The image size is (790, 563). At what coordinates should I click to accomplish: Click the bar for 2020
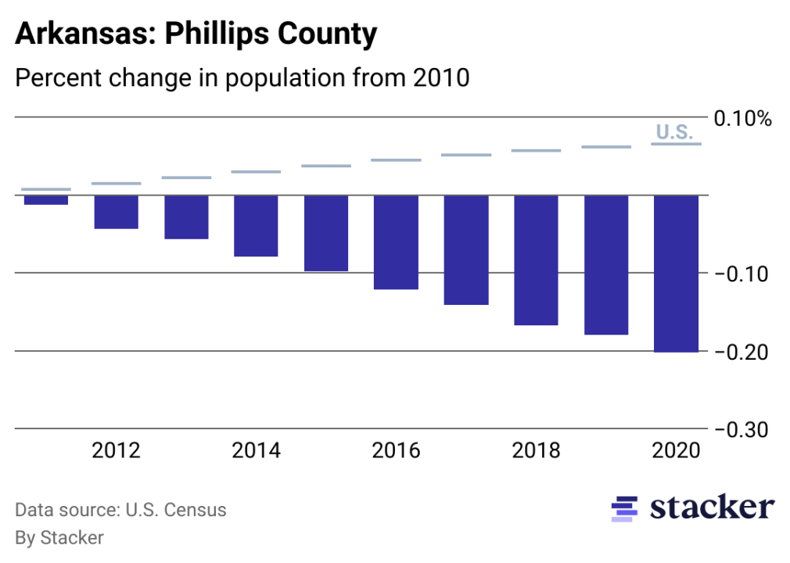(676, 274)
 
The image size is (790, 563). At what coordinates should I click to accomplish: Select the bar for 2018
(536, 260)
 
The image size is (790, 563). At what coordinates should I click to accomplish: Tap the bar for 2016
(396, 242)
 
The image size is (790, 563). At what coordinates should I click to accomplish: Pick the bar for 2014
(256, 226)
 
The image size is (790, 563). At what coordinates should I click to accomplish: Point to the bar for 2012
(116, 212)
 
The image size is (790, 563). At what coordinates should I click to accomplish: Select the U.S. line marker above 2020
(676, 144)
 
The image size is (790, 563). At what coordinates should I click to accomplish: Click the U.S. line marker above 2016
(396, 160)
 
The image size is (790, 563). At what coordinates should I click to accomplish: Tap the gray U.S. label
(673, 131)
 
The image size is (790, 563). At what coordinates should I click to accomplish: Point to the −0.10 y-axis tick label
(739, 274)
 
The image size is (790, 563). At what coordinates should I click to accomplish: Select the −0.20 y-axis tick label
(739, 353)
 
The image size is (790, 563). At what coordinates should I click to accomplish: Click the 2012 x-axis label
(116, 451)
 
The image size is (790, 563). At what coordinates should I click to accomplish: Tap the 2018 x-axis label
(536, 451)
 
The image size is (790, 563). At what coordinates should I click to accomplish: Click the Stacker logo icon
(624, 508)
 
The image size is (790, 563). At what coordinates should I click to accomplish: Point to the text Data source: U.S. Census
(120, 511)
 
